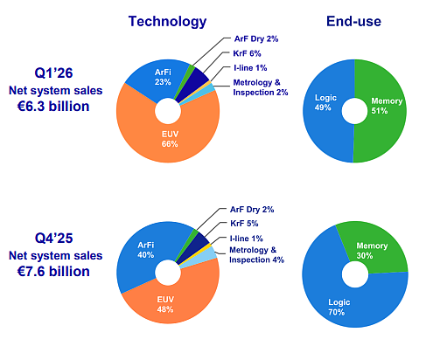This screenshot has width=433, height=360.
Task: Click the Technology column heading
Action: point(167,22)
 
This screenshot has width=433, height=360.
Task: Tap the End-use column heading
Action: point(353,21)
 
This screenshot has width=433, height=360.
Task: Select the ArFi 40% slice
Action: point(140,256)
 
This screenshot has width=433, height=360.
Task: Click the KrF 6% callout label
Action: point(247,53)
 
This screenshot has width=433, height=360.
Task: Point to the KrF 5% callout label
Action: point(244,224)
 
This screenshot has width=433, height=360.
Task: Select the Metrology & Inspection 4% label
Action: point(256,255)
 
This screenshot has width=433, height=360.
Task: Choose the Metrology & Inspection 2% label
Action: point(261,87)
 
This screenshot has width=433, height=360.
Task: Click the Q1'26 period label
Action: point(53,73)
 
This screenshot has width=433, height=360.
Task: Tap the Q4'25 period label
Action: point(53,239)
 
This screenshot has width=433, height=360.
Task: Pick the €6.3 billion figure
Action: point(53,107)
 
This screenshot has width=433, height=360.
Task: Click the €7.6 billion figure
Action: point(53,272)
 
